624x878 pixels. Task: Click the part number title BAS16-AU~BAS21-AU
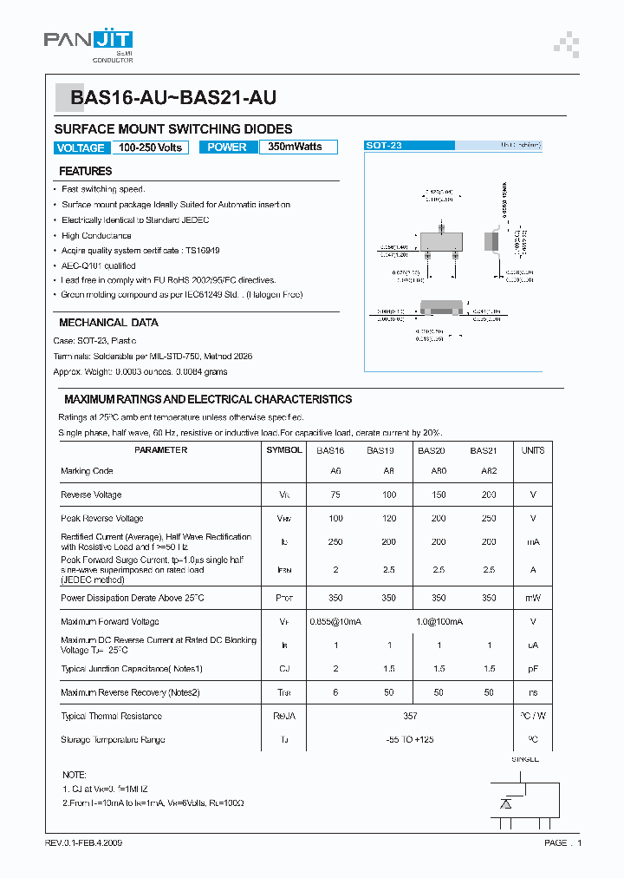click(173, 99)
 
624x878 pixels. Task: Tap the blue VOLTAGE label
click(81, 147)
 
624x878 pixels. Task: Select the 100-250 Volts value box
click(151, 147)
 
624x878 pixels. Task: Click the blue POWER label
click(227, 147)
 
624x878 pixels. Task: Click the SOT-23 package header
click(384, 146)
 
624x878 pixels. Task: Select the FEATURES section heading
click(85, 171)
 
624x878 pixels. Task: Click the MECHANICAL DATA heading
click(108, 322)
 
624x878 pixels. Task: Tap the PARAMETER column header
click(161, 450)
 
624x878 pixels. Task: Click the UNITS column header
click(533, 450)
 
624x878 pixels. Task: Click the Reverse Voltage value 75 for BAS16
click(335, 495)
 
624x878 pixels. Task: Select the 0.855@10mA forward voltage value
click(336, 621)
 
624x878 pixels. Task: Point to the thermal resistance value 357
click(410, 716)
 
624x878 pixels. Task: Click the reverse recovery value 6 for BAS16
click(335, 692)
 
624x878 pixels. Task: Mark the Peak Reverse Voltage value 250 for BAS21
click(489, 518)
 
